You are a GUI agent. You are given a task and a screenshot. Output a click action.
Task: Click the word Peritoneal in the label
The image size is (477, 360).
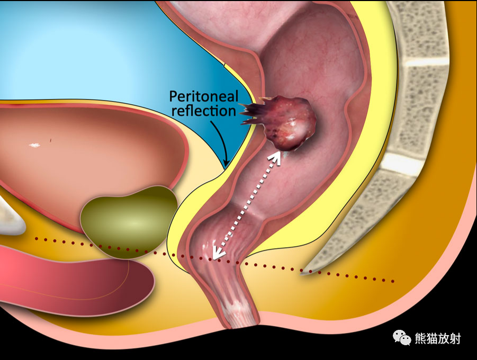pos(203,96)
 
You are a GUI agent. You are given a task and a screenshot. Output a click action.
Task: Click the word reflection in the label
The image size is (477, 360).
pos(204,111)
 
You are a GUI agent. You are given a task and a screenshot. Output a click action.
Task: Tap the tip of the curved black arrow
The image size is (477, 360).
pos(226,166)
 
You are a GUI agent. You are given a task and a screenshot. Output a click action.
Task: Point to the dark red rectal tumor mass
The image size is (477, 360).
pos(289,123)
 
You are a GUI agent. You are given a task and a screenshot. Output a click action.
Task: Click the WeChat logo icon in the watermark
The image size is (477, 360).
pos(401,337)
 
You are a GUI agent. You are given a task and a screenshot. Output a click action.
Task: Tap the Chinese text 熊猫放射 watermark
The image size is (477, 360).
pos(438,338)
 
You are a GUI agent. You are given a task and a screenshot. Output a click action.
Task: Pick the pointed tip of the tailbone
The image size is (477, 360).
pos(301,274)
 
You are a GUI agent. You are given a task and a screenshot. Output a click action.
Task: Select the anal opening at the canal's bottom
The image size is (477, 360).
pos(240,325)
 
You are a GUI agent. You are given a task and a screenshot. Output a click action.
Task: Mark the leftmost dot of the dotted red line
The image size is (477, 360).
pos(37,239)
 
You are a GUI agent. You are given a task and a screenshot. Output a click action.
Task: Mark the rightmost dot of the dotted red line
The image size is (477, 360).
pos(393,281)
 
